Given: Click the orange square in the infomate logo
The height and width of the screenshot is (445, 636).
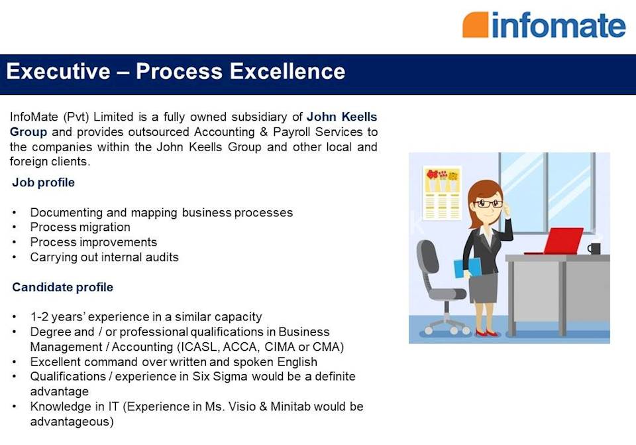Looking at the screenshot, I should tap(475, 25).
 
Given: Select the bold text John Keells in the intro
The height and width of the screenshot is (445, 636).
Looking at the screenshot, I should tap(341, 117).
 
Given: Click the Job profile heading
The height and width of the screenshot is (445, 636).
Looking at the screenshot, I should tap(43, 182).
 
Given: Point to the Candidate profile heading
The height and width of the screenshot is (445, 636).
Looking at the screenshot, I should tap(62, 287).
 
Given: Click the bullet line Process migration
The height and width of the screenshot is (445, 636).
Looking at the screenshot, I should tap(80, 227).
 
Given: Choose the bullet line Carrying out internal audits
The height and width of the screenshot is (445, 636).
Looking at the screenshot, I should tap(104, 257).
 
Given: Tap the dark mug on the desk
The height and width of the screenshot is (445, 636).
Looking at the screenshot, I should tap(594, 248).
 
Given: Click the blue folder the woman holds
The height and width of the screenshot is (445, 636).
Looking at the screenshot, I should tap(468, 267).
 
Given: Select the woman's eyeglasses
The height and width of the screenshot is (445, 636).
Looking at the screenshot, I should tap(488, 204).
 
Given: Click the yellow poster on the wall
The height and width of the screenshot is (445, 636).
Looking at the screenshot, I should tap(442, 192).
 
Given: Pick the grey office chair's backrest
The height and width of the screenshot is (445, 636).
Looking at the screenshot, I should tap(428, 261).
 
